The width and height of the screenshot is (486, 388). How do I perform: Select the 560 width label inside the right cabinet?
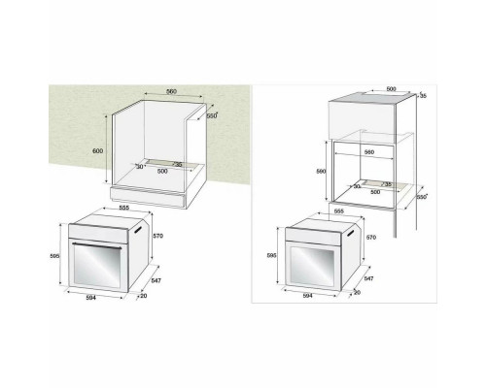coord(369,153)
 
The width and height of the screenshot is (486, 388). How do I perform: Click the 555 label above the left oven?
coord(124,207)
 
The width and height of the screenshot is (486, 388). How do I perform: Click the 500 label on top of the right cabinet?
coord(391,88)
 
